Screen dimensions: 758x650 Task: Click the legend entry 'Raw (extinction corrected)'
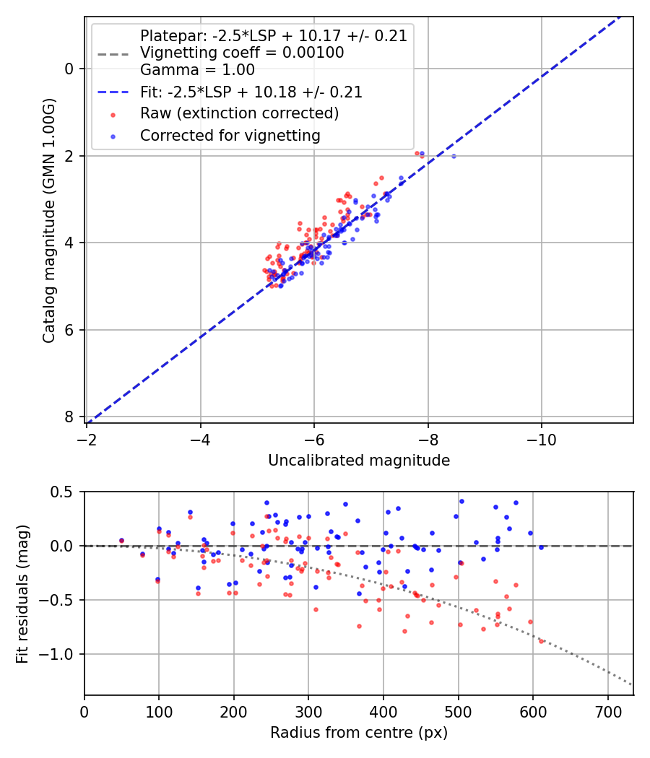[x=239, y=113]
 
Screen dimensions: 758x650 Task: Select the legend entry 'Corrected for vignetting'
[x=230, y=135]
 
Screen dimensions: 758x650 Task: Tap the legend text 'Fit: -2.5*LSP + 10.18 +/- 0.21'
[x=251, y=92]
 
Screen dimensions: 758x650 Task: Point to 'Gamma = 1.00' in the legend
[x=197, y=70]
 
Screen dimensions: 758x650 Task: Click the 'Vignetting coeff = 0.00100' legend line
[x=241, y=53]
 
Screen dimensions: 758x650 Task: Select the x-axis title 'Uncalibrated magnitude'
[x=359, y=461]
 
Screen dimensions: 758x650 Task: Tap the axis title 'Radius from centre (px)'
[x=359, y=733]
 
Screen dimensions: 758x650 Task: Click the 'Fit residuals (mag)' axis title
[x=22, y=593]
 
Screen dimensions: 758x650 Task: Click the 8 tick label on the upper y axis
[x=69, y=417]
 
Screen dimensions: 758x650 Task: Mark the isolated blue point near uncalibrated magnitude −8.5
[x=454, y=156]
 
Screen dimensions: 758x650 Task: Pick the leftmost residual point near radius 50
[x=121, y=540]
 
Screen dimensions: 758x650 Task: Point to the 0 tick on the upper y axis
[x=69, y=69]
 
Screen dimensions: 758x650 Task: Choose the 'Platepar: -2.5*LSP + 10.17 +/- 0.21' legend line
[x=273, y=35]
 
